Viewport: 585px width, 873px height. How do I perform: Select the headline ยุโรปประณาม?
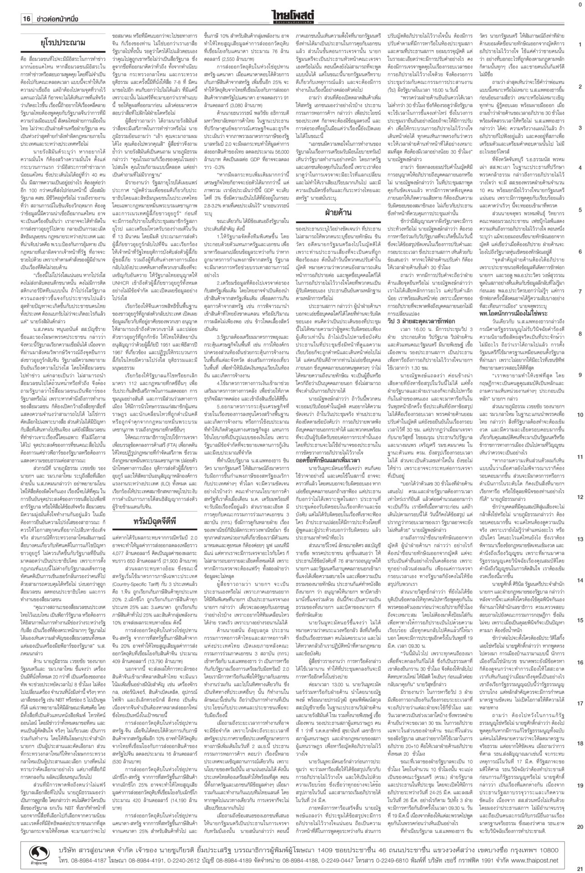click(61, 44)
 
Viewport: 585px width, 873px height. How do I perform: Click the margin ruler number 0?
click(579, 4)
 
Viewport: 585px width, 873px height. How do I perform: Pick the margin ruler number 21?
click(579, 868)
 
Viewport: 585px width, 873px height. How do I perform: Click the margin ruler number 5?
click(579, 210)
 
